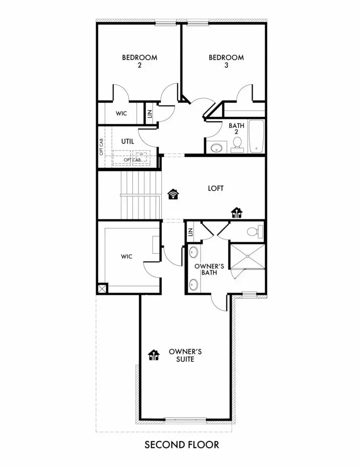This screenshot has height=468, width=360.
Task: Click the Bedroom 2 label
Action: point(139,61)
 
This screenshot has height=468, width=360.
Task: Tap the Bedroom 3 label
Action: point(226,61)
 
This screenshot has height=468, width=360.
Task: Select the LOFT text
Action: point(216,188)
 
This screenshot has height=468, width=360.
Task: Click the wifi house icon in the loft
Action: point(173,195)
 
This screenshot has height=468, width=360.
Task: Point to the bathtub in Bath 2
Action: point(257,136)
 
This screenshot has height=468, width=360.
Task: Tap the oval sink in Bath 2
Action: point(216,148)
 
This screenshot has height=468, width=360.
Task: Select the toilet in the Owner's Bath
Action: point(253,232)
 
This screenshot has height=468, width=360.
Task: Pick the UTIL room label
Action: point(128,142)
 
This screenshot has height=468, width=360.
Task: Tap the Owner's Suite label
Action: point(185,355)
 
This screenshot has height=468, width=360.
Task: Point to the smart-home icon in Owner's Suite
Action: point(154,355)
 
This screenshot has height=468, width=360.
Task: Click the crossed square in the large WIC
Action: point(102,288)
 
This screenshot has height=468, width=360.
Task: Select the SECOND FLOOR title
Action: point(182,444)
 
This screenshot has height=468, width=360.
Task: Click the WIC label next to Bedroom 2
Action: point(121,113)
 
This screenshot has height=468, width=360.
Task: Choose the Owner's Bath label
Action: point(205,269)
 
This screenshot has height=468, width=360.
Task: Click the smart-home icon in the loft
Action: point(237,213)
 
